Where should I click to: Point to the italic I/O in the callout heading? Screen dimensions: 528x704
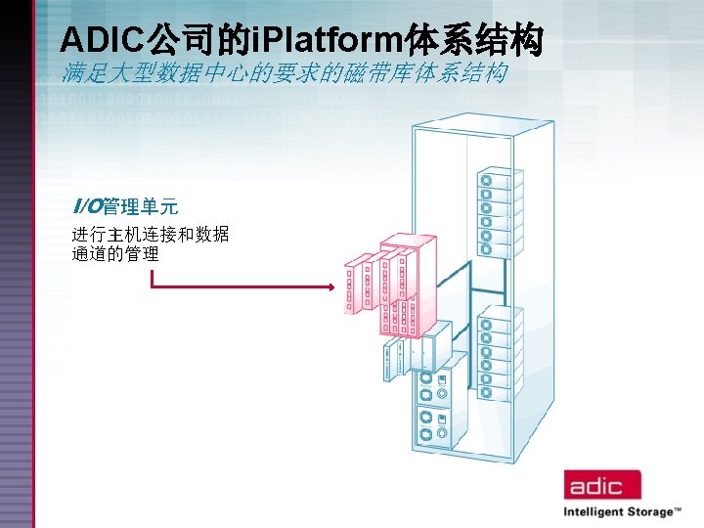pyautogui.click(x=87, y=206)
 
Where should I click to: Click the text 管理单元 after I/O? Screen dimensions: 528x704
pyautogui.click(x=141, y=206)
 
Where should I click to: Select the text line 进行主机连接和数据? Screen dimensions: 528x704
pyautogui.click(x=151, y=235)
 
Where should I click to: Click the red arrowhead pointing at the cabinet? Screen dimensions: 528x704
pyautogui.click(x=333, y=287)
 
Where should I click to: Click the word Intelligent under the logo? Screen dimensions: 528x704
pyautogui.click(x=597, y=511)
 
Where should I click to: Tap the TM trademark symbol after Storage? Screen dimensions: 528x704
pyautogui.click(x=678, y=509)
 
